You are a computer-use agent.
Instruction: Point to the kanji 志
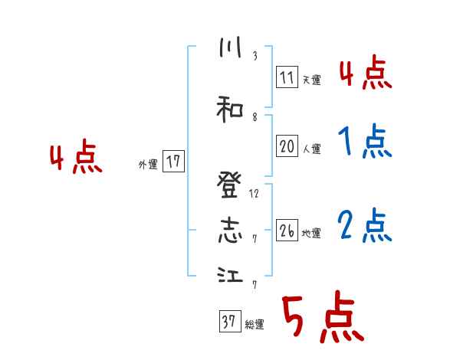(x=229, y=231)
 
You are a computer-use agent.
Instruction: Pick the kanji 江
(x=229, y=276)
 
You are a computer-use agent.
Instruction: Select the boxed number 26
(x=287, y=230)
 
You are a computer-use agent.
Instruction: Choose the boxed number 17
(x=173, y=162)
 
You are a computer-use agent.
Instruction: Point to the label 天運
(x=311, y=78)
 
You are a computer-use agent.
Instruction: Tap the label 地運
(x=311, y=232)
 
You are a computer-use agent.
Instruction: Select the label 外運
(x=148, y=164)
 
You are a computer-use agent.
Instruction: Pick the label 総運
(x=255, y=324)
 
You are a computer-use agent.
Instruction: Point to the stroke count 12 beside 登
(x=255, y=193)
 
